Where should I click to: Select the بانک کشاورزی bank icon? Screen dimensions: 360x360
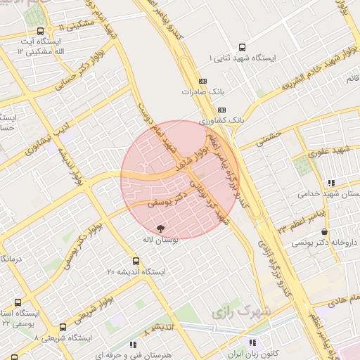(x=221, y=110)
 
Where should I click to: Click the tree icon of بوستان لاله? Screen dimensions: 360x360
(x=160, y=228)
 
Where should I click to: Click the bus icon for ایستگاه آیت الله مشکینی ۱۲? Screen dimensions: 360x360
(x=40, y=32)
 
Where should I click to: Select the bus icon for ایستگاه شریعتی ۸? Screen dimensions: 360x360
(x=63, y=326)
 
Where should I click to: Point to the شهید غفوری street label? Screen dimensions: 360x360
(x=333, y=150)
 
